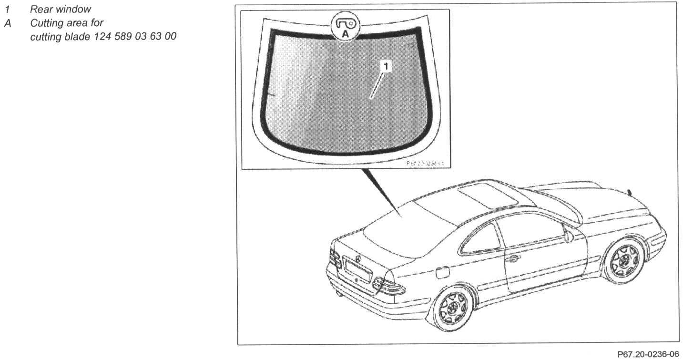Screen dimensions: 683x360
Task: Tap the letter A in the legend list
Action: [x=7, y=23]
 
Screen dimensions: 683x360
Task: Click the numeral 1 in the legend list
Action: [x=7, y=9]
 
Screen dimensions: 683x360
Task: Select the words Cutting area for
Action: [x=66, y=23]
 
